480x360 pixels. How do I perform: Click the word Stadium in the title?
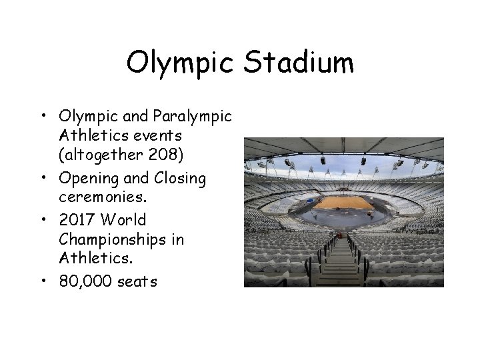pos(298,64)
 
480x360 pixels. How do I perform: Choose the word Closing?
pos(180,179)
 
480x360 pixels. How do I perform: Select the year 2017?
pos(77,219)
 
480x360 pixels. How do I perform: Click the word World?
pos(126,219)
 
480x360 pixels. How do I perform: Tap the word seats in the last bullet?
pos(137,281)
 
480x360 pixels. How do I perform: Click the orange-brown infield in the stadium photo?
pos(343,203)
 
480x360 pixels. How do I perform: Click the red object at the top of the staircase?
pos(343,234)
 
